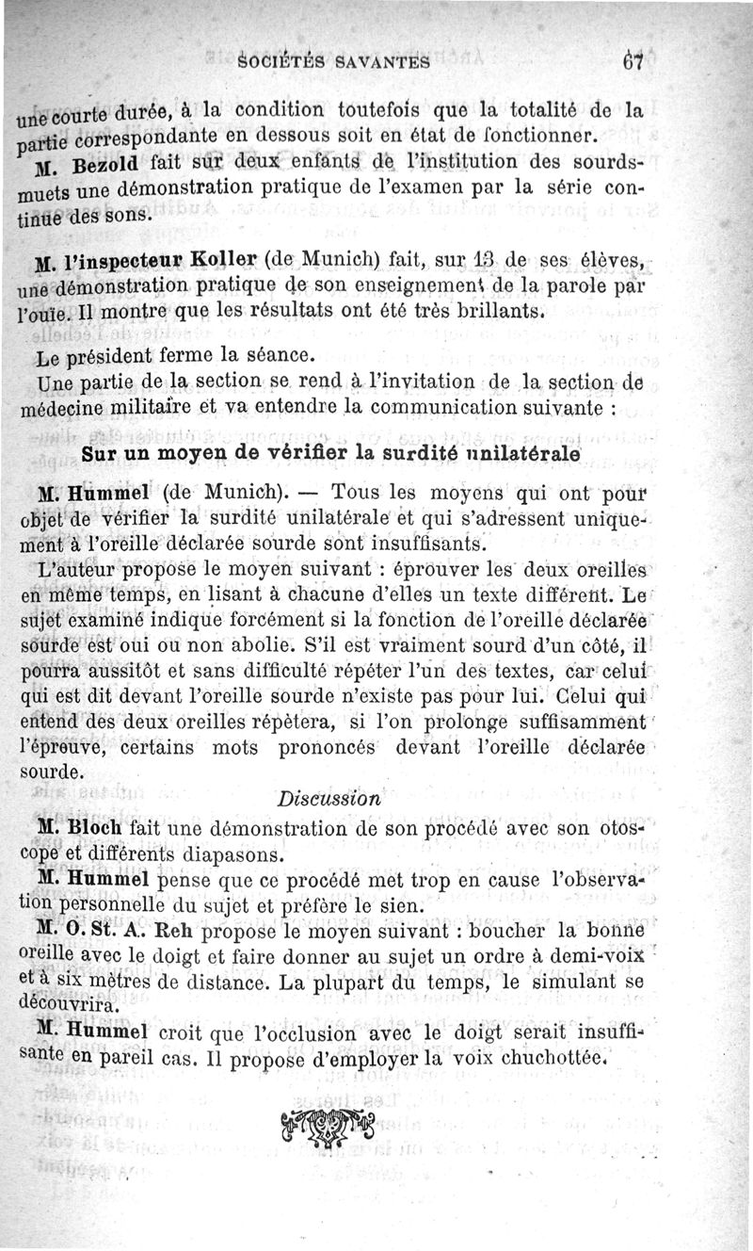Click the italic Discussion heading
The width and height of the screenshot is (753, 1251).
(329, 798)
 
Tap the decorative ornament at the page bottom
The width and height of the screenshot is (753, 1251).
(328, 1128)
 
